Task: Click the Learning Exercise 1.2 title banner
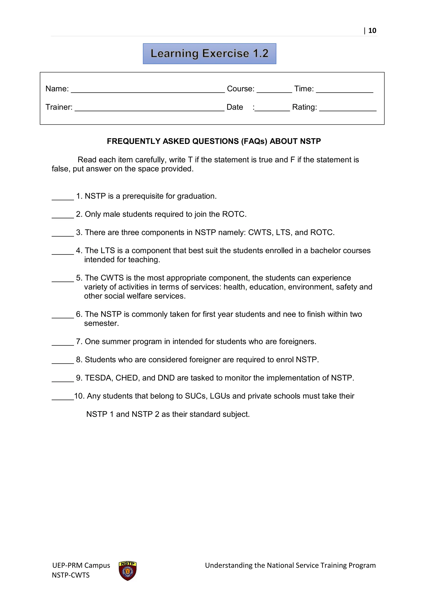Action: tap(210, 54)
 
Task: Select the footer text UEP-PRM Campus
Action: tap(81, 565)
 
